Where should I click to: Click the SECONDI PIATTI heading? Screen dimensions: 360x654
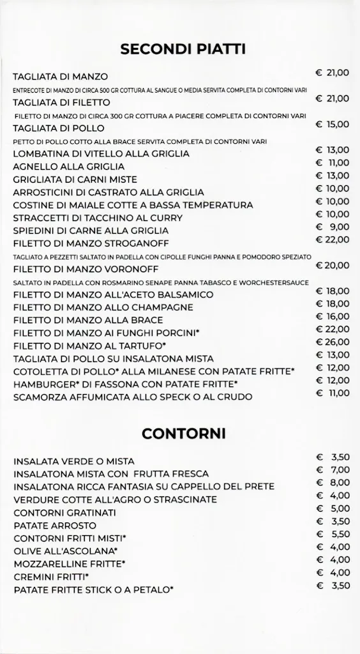tap(183, 50)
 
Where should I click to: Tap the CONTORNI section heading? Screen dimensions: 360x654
tap(183, 434)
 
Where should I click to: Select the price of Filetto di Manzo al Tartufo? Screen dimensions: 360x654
tap(333, 342)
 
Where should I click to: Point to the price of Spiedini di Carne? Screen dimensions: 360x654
tap(333, 227)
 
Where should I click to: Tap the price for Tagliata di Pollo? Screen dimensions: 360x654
tap(333, 125)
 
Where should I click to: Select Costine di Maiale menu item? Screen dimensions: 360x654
tap(133, 205)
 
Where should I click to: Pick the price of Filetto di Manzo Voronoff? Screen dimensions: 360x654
tap(333, 266)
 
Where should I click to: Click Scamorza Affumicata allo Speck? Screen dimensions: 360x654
tap(133, 397)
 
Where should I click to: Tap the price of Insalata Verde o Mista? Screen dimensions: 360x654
tap(333, 457)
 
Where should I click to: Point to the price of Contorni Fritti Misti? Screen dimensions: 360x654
tap(333, 534)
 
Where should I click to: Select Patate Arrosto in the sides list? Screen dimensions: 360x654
tap(52, 525)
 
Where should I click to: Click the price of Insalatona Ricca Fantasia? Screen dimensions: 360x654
tap(333, 483)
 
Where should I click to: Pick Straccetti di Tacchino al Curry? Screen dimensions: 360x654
tap(98, 218)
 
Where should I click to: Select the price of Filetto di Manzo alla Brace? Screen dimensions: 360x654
tap(333, 317)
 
